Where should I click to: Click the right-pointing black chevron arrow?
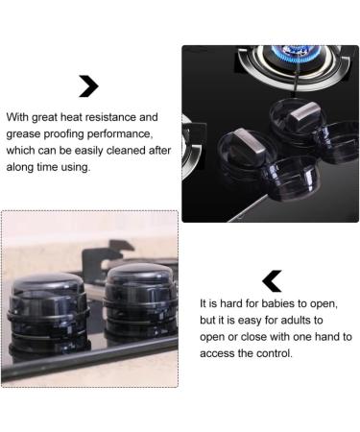coord(89,86)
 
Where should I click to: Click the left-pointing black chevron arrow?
coord(272,281)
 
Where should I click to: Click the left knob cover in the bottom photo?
coord(48,312)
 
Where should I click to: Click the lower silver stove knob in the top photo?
coord(249,144)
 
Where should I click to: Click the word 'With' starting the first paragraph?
coord(17,117)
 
